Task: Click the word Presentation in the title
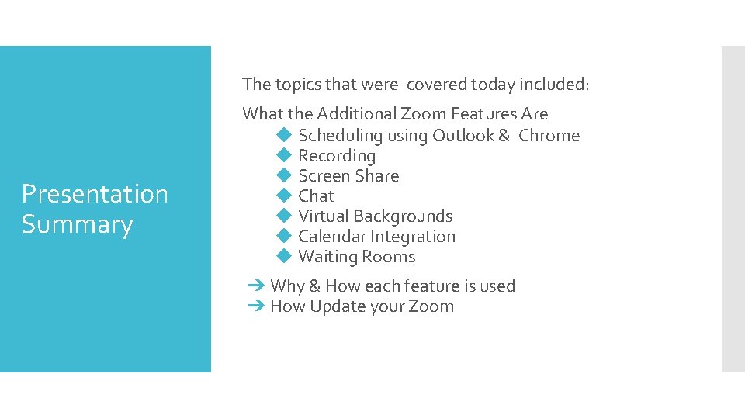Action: click(x=95, y=194)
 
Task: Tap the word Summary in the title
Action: click(x=77, y=225)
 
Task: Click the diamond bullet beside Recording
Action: click(x=283, y=155)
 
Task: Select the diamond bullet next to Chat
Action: click(x=283, y=196)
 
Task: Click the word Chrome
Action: click(x=549, y=135)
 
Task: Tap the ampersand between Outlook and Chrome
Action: click(x=504, y=135)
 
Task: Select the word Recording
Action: click(x=337, y=156)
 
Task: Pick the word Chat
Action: click(x=316, y=196)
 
